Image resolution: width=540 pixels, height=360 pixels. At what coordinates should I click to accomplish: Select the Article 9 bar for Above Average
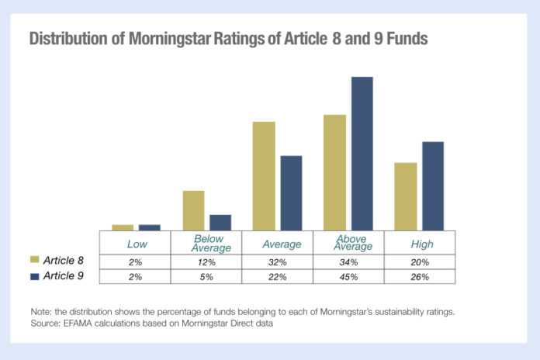tap(362, 154)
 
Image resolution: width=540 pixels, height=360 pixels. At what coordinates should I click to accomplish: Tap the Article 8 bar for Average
tap(264, 176)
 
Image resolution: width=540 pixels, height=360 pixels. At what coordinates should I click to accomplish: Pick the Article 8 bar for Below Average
tap(193, 210)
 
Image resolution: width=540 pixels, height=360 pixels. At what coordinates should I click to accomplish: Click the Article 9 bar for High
tap(432, 186)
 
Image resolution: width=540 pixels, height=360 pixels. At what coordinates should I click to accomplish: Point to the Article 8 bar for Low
tap(123, 227)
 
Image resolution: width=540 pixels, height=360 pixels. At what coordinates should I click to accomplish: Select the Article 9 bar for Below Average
tap(220, 223)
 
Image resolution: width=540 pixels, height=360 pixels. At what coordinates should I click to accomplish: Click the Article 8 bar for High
tap(406, 196)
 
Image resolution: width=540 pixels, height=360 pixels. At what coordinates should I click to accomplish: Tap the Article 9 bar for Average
tap(291, 193)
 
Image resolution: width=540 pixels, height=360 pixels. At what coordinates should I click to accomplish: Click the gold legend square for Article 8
tap(35, 261)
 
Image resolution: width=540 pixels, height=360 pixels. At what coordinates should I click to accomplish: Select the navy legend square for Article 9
tap(35, 275)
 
